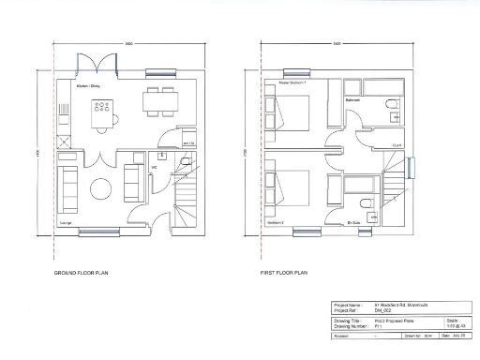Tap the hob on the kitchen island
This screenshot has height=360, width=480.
99,107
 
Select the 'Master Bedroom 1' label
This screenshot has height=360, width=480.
293,83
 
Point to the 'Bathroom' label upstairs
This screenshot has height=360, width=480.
353,99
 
